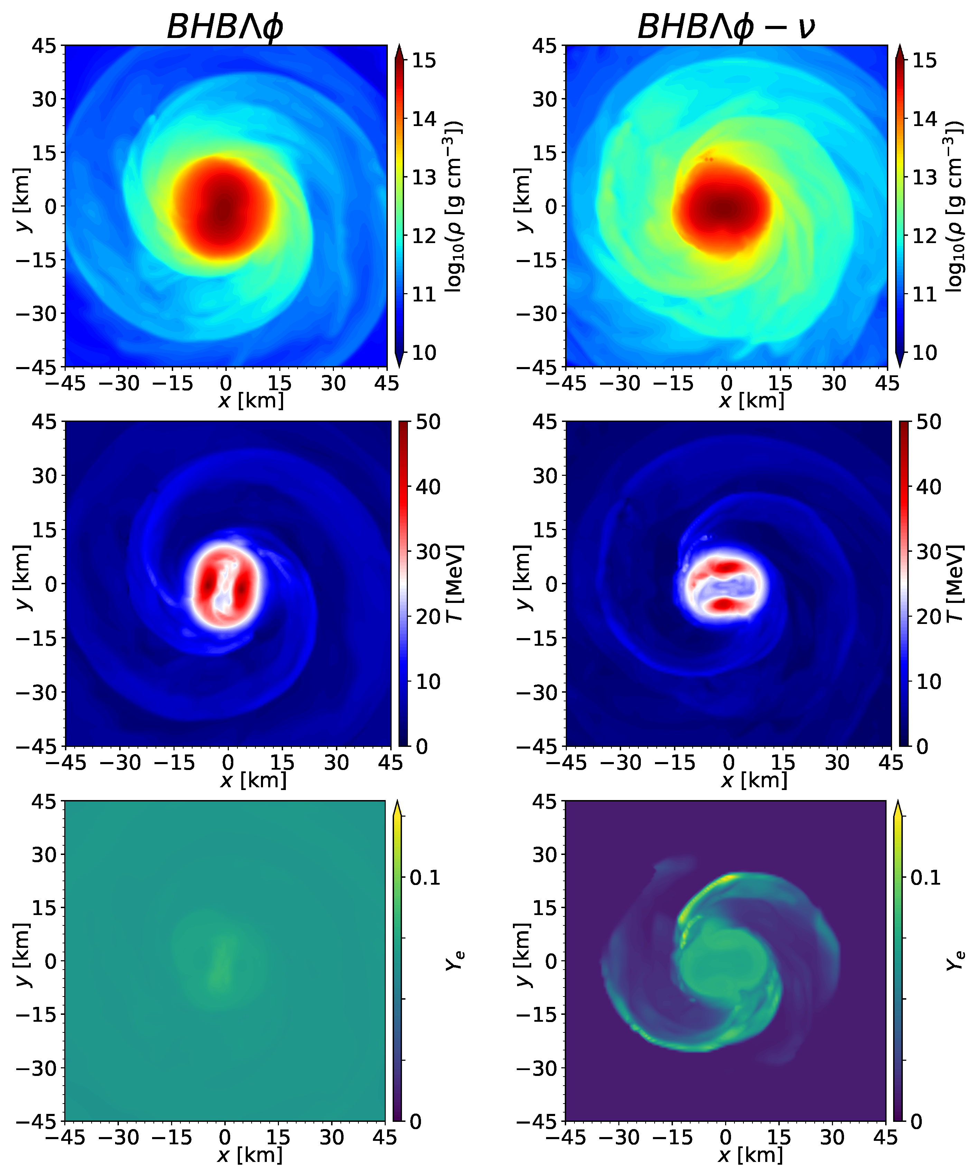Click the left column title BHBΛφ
coord(225,26)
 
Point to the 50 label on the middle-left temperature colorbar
coord(428,422)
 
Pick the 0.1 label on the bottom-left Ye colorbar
coord(425,878)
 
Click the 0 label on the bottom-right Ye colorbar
coord(916,1121)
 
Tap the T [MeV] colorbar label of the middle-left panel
coord(454,583)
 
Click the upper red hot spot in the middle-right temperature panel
coord(727,567)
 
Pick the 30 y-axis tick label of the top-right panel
coord(545,99)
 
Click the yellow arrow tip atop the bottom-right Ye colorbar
coord(897,808)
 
